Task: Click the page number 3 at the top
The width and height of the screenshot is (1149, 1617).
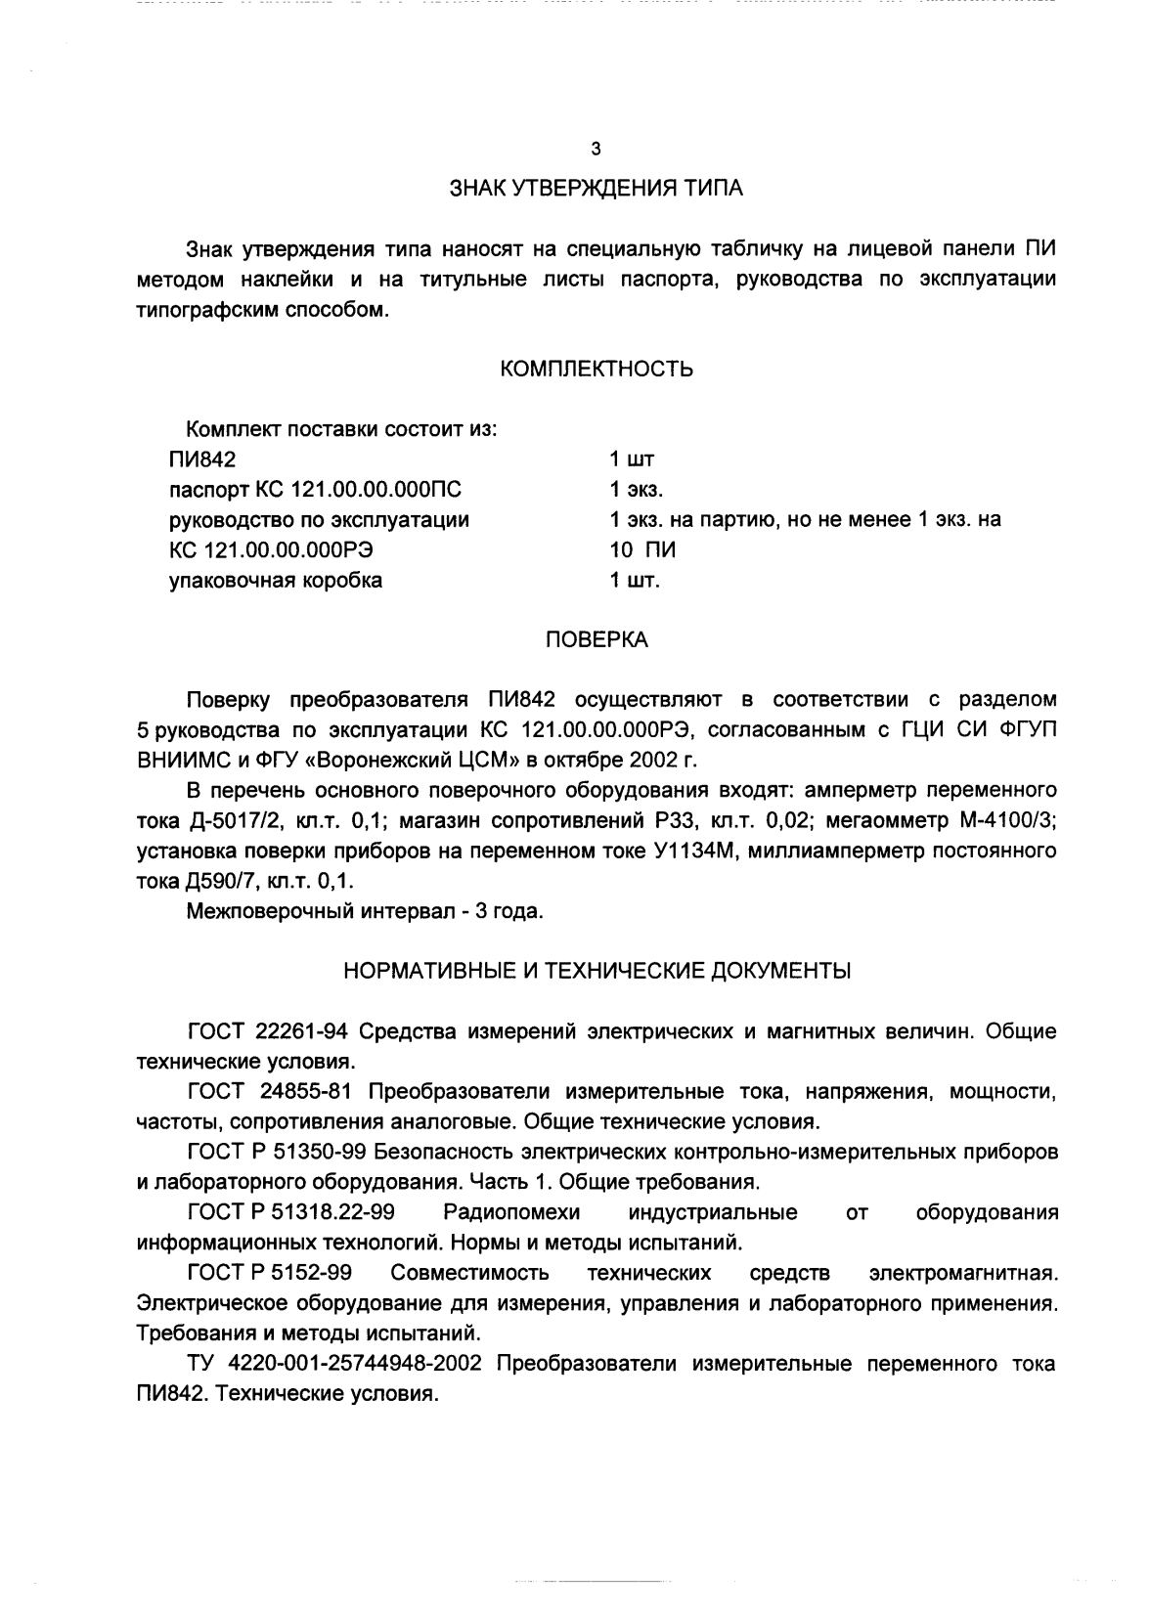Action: tap(596, 150)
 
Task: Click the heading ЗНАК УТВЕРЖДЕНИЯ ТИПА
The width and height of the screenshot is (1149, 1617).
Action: tap(596, 189)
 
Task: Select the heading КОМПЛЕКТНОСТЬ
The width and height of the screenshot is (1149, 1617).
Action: tap(597, 369)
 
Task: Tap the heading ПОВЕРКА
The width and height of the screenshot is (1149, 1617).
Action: tap(597, 640)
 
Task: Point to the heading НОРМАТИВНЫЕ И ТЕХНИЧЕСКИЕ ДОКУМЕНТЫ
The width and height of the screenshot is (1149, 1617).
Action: tap(597, 971)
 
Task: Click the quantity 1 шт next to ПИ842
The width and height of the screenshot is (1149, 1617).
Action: tap(632, 459)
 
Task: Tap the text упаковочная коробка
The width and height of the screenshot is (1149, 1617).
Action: tap(276, 581)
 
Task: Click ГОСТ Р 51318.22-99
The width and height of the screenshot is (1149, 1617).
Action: tap(290, 1213)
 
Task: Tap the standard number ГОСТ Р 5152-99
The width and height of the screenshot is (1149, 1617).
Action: tap(269, 1273)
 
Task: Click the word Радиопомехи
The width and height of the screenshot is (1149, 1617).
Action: tap(511, 1213)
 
